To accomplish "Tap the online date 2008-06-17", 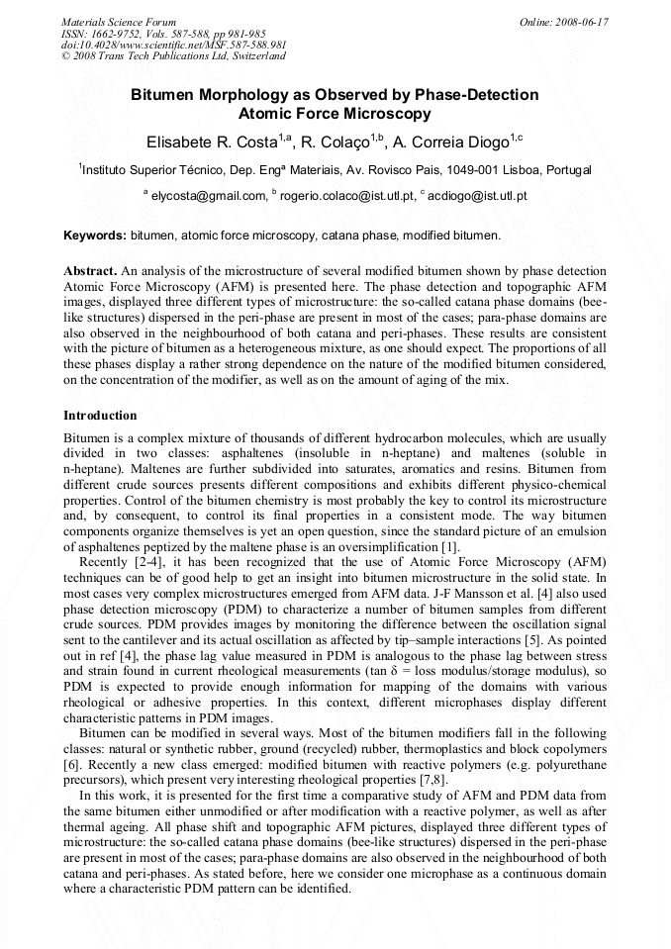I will coord(581,21).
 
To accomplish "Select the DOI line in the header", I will coord(174,45).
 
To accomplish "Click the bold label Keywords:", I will coord(95,236).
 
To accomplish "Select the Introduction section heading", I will coord(100,415).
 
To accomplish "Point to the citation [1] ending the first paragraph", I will coord(448,547).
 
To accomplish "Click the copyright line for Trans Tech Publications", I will coord(174,56).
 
